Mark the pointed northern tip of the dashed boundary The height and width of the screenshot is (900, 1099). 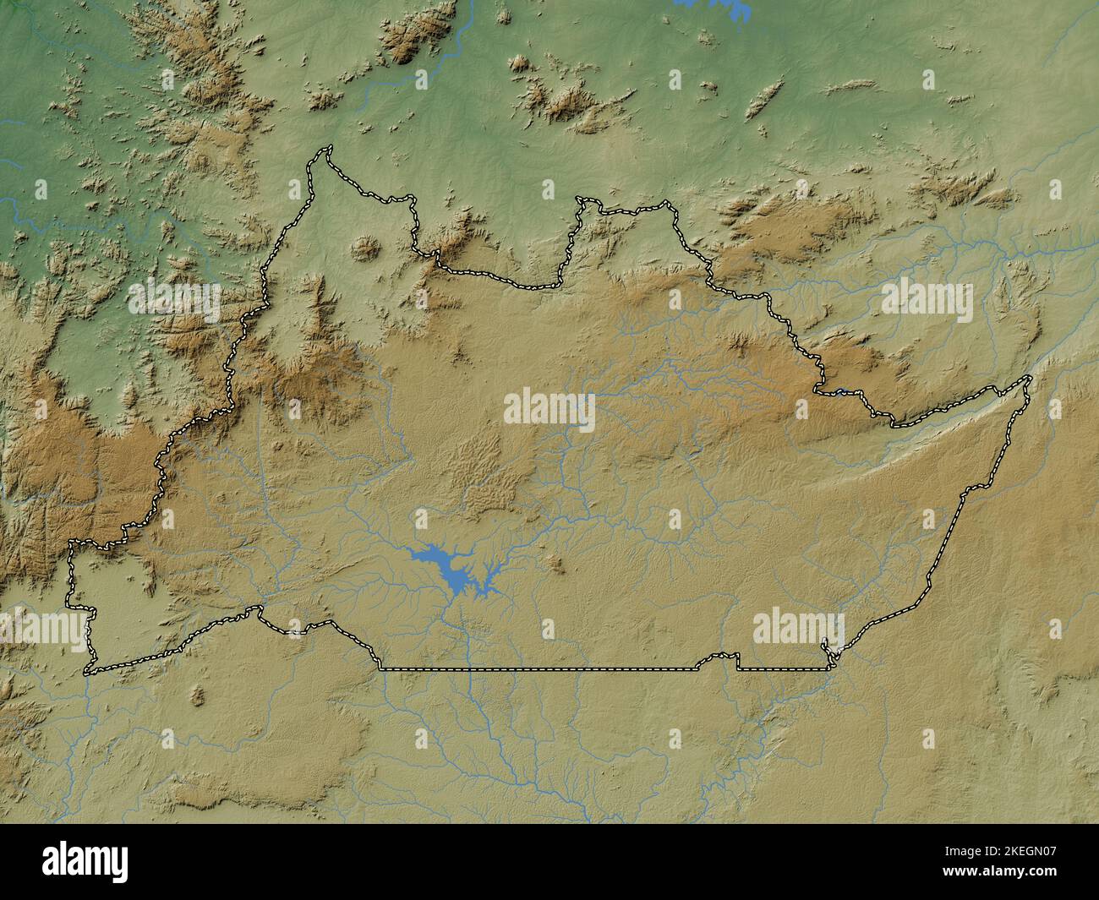[x=326, y=150]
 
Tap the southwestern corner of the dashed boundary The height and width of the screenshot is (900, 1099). [x=87, y=672]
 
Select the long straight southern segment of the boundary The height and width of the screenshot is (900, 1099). [x=541, y=669]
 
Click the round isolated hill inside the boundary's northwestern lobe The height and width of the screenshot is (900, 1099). [x=366, y=248]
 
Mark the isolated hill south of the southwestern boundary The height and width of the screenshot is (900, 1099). [x=197, y=695]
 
